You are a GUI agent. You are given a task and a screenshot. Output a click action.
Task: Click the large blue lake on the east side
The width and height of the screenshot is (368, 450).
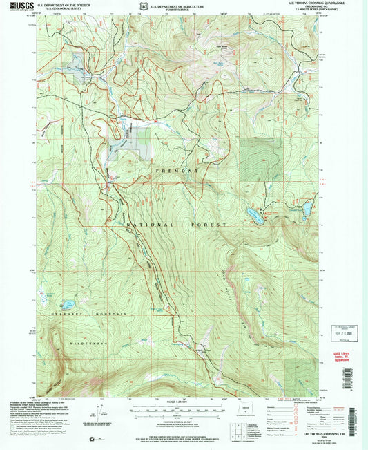point(253,216)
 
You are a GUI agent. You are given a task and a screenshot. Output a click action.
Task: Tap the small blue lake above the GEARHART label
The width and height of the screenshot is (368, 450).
point(68,304)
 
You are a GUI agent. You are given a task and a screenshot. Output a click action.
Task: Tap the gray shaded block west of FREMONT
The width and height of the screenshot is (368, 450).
point(126,142)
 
